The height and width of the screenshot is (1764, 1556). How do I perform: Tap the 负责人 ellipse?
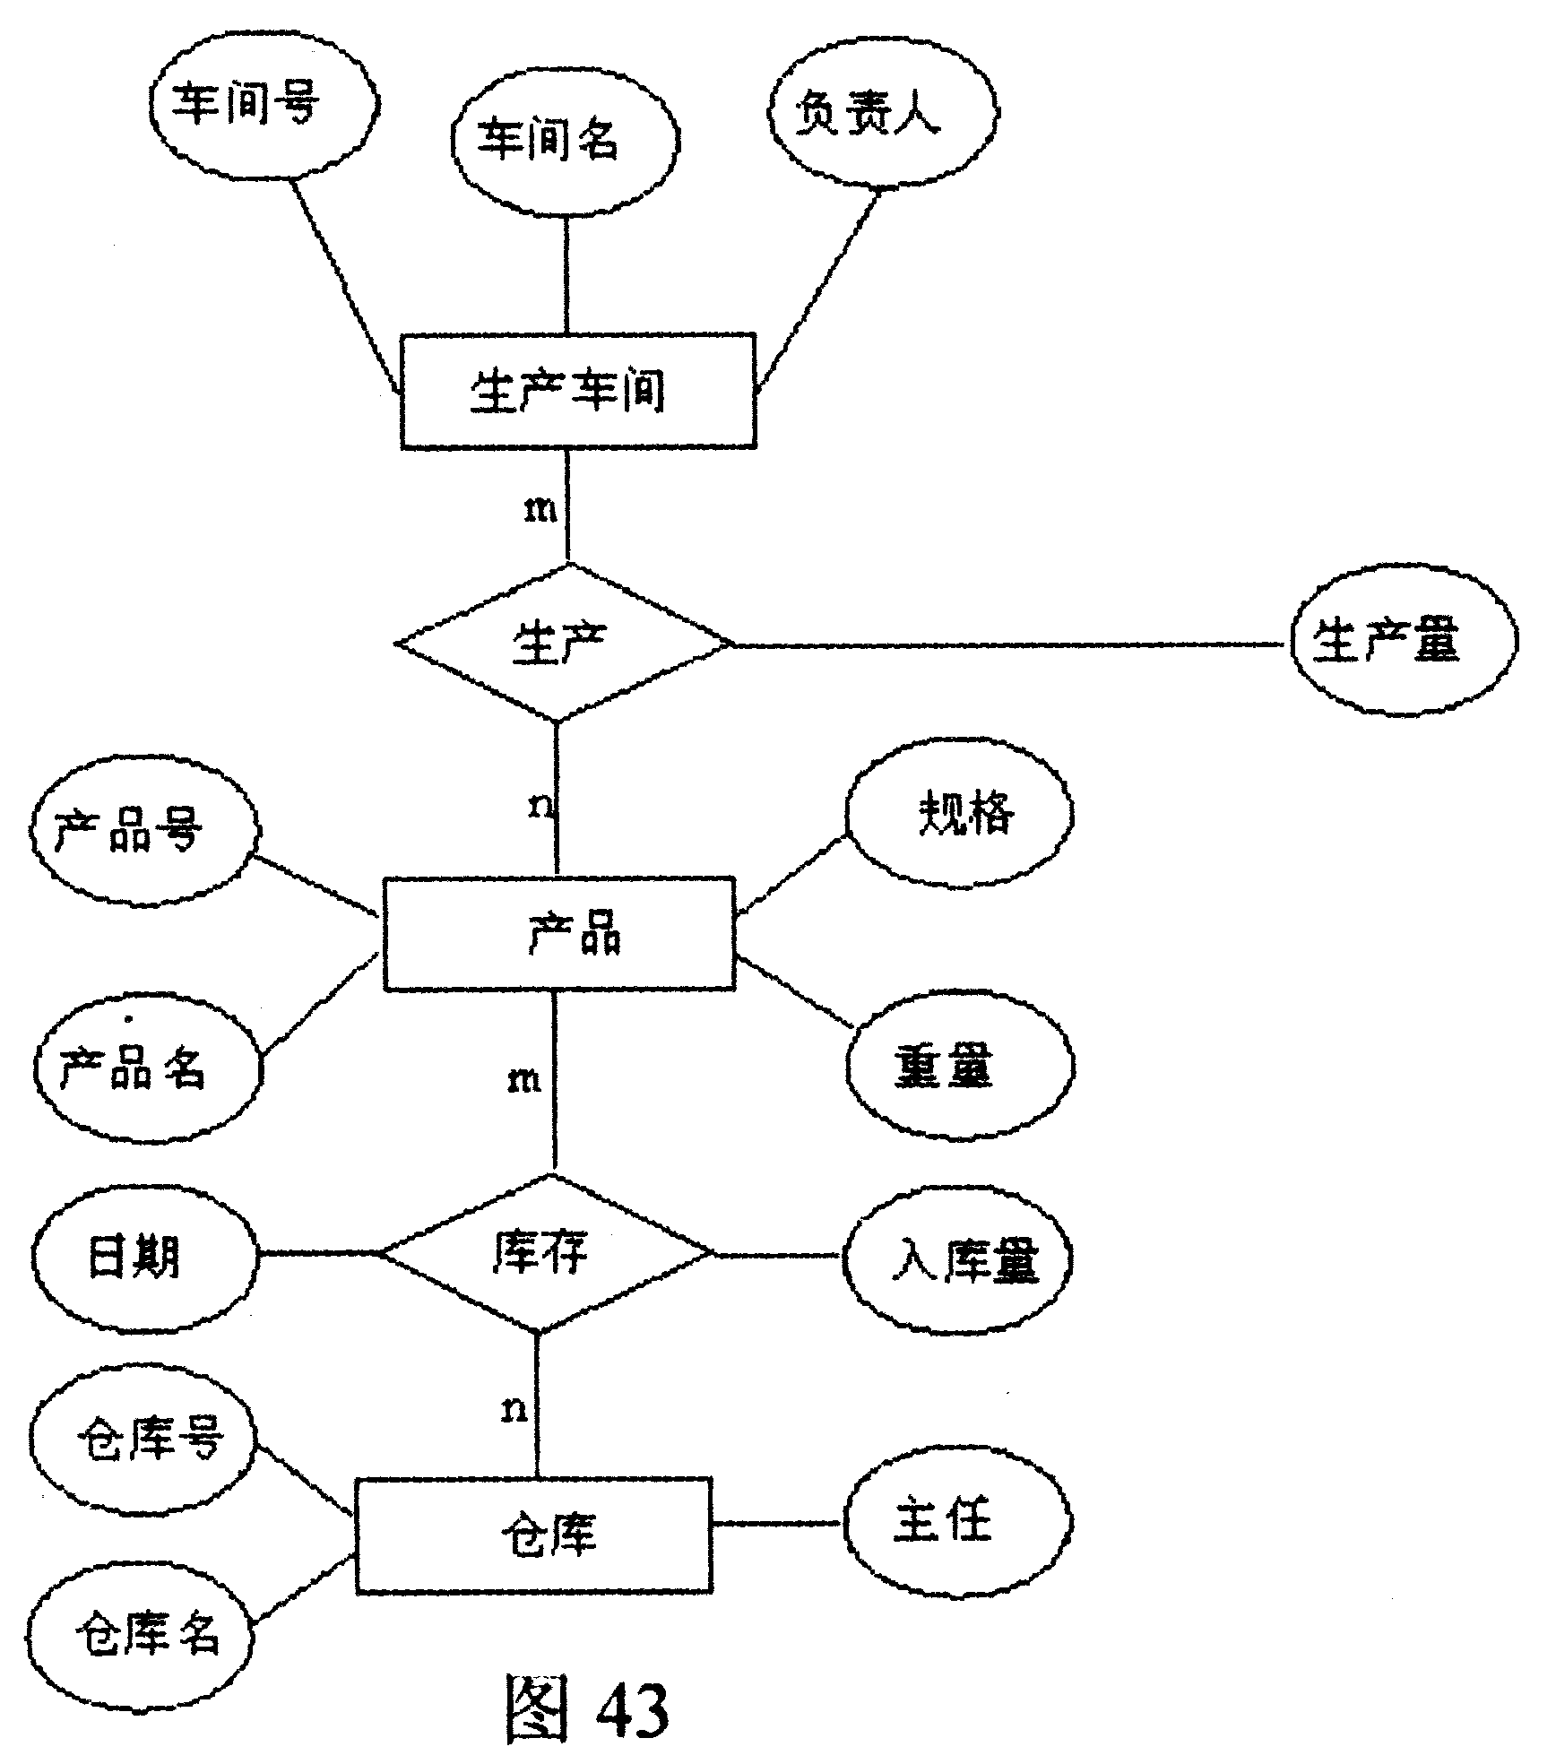click(x=882, y=112)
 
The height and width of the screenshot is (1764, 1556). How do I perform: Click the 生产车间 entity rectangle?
click(x=578, y=392)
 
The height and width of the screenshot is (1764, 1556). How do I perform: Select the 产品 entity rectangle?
click(x=559, y=933)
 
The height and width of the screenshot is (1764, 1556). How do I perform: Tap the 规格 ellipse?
click(x=958, y=813)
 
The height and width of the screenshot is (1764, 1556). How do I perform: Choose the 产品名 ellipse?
click(x=148, y=1067)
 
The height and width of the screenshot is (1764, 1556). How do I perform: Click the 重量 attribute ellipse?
click(x=960, y=1066)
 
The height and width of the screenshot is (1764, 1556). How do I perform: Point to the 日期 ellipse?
click(x=144, y=1257)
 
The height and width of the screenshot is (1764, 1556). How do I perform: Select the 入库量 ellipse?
click(x=958, y=1258)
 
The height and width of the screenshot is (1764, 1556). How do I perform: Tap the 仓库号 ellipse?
click(x=143, y=1440)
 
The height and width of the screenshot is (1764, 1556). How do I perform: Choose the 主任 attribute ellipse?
click(x=958, y=1522)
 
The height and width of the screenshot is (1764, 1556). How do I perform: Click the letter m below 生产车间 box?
click(x=540, y=511)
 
